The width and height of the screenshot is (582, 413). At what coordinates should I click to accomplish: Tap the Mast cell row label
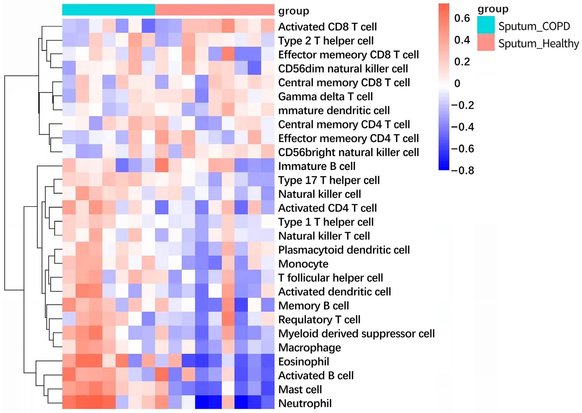click(300, 389)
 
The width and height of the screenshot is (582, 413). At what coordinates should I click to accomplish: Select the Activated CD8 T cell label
click(327, 27)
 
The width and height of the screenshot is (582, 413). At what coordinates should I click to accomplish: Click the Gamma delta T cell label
click(325, 97)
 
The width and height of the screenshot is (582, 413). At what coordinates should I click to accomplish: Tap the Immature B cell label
click(317, 166)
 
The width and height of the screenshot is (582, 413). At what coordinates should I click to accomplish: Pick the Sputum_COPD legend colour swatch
click(486, 25)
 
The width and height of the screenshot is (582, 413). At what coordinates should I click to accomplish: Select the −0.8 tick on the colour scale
click(462, 170)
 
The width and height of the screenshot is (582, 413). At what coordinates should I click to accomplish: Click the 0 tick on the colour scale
click(457, 83)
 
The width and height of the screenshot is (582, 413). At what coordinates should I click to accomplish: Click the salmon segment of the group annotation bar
click(214, 10)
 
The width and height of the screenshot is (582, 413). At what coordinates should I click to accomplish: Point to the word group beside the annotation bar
click(293, 11)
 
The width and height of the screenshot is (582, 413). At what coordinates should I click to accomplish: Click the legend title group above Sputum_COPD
click(493, 9)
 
